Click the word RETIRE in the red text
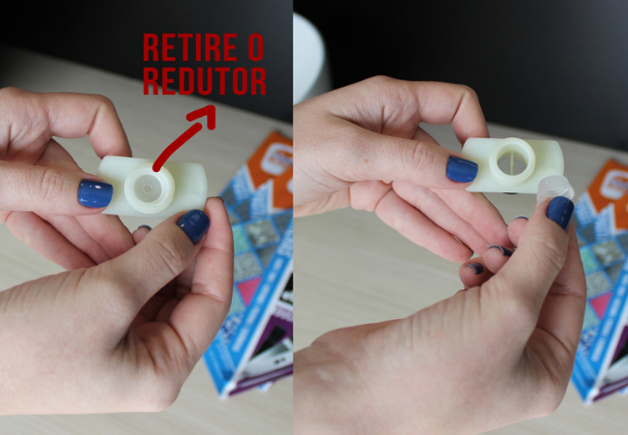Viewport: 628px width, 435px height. (190, 47)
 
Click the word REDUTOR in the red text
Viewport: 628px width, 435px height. (204, 80)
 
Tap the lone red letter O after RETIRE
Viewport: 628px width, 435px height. (255, 47)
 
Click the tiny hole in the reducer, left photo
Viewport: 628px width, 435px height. (148, 188)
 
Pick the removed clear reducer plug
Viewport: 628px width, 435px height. (556, 188)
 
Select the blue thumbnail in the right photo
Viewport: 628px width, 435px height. (462, 169)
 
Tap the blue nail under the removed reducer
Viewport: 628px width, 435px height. (560, 213)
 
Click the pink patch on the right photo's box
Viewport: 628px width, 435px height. (601, 304)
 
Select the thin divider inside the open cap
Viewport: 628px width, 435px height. (513, 160)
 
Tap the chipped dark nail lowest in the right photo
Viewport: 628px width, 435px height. (474, 268)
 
